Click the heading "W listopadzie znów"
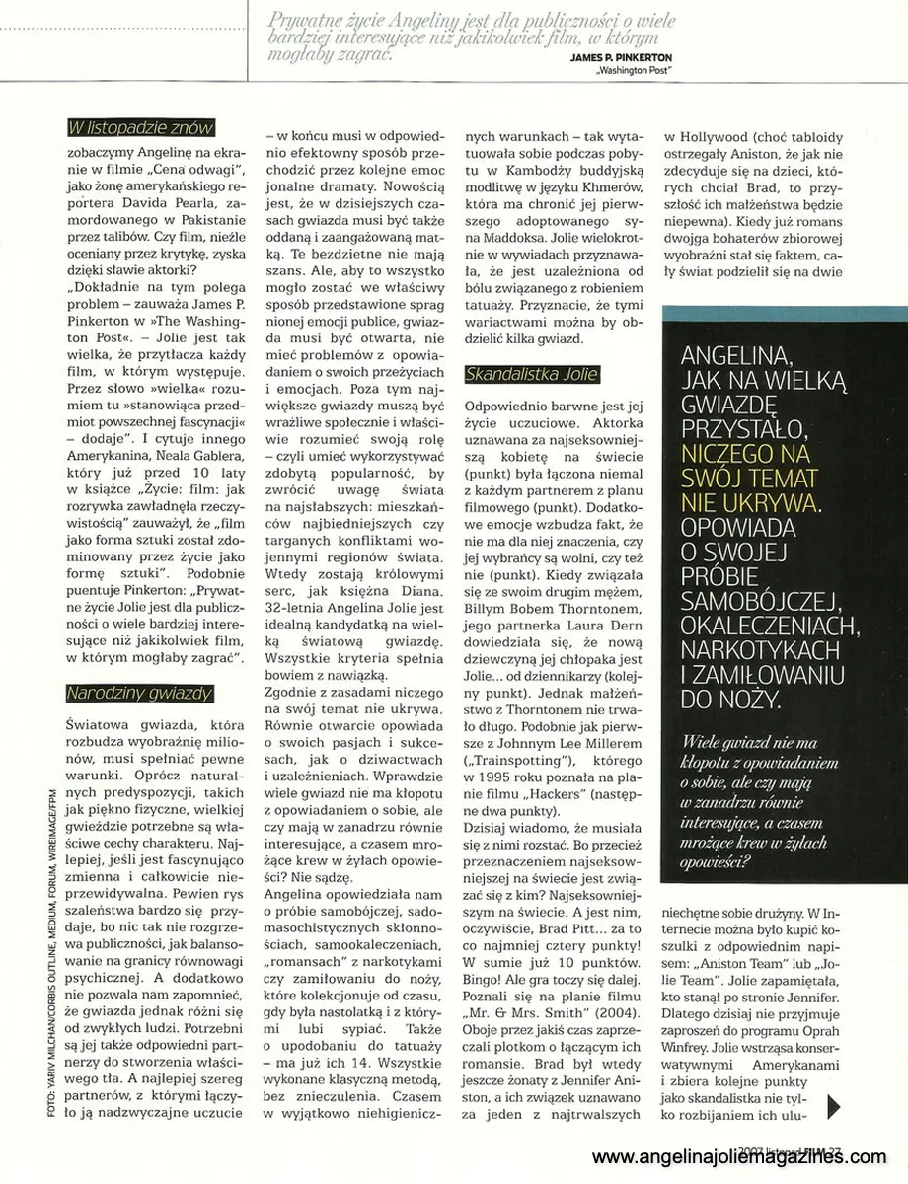(140, 128)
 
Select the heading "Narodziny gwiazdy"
(139, 694)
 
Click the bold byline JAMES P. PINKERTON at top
(621, 58)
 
